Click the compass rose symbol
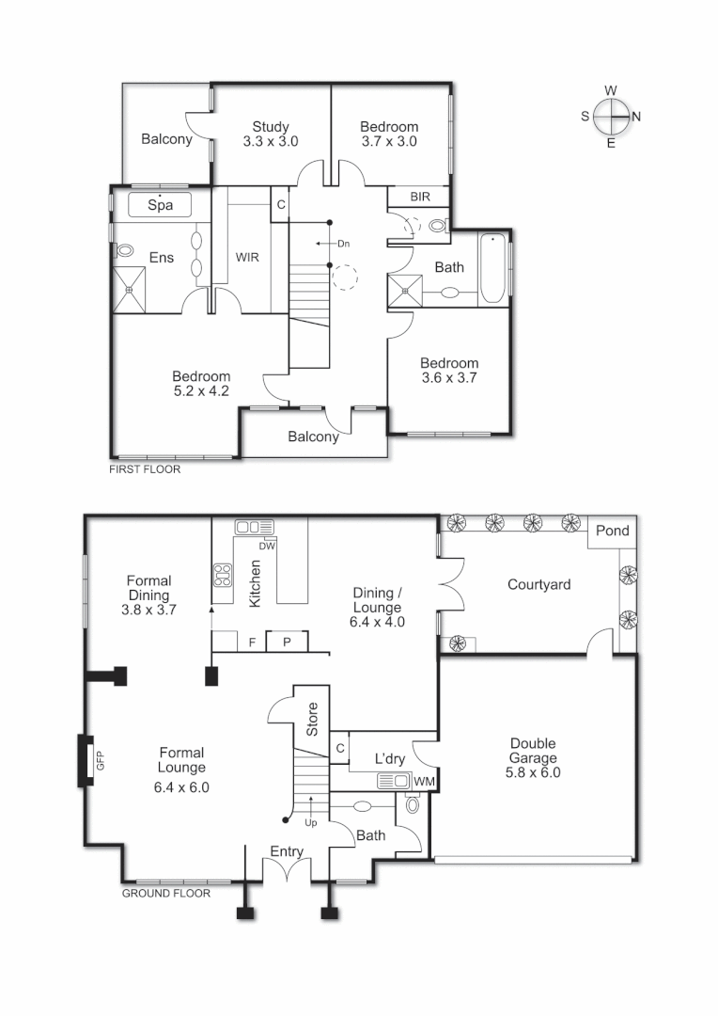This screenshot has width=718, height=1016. [x=611, y=117]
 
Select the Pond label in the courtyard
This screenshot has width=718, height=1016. [x=613, y=532]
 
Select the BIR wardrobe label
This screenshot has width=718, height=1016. [x=420, y=197]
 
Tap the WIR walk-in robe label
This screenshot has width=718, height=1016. [x=246, y=256]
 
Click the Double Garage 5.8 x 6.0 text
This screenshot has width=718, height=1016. [x=534, y=757]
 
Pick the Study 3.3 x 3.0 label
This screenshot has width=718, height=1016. [x=271, y=135]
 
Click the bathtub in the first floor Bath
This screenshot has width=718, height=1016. [x=492, y=269]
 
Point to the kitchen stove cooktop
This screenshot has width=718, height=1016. [x=223, y=575]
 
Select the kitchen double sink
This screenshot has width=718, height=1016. [x=254, y=528]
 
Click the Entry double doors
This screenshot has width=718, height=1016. [x=287, y=871]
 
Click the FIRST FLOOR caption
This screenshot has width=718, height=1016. [x=145, y=468]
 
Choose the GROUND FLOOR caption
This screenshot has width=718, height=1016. [x=165, y=893]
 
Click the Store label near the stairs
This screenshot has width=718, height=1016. [x=313, y=719]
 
